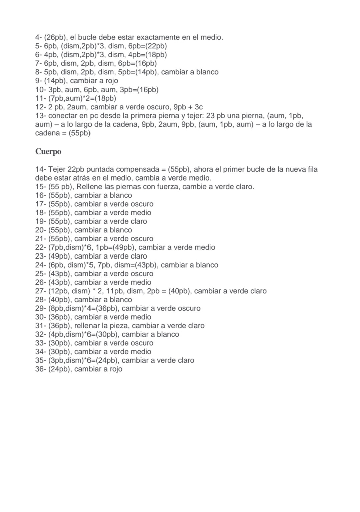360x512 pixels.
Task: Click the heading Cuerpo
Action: pyautogui.click(x=48, y=152)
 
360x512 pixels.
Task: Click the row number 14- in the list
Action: pyautogui.click(x=40, y=169)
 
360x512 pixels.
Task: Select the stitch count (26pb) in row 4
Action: pyautogui.click(x=55, y=37)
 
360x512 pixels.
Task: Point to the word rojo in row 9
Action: pyautogui.click(x=111, y=81)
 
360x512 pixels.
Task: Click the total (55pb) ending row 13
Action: pyautogui.click(x=79, y=133)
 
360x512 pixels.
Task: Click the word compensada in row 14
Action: pyautogui.click(x=138, y=169)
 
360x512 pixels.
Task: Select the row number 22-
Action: pyautogui.click(x=40, y=247)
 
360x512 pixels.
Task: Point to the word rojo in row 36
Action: pyautogui.click(x=115, y=369)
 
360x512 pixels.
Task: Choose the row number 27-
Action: pyautogui.click(x=40, y=291)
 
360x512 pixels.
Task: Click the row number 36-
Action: pyautogui.click(x=40, y=369)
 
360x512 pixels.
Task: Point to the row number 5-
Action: pyautogui.click(x=38, y=46)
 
